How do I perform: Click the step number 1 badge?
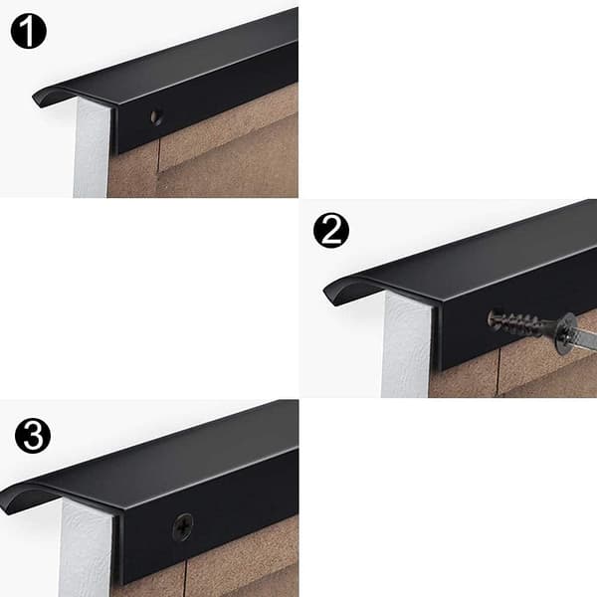click(x=29, y=31)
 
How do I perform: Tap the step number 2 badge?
click(x=331, y=231)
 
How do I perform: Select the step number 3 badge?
click(x=33, y=435)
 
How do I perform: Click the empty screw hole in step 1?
click(x=156, y=118)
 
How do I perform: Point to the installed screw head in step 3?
click(x=183, y=527)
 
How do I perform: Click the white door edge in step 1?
click(x=93, y=148)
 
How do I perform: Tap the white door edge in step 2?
click(x=406, y=344)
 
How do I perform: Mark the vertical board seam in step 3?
click(x=186, y=579)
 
